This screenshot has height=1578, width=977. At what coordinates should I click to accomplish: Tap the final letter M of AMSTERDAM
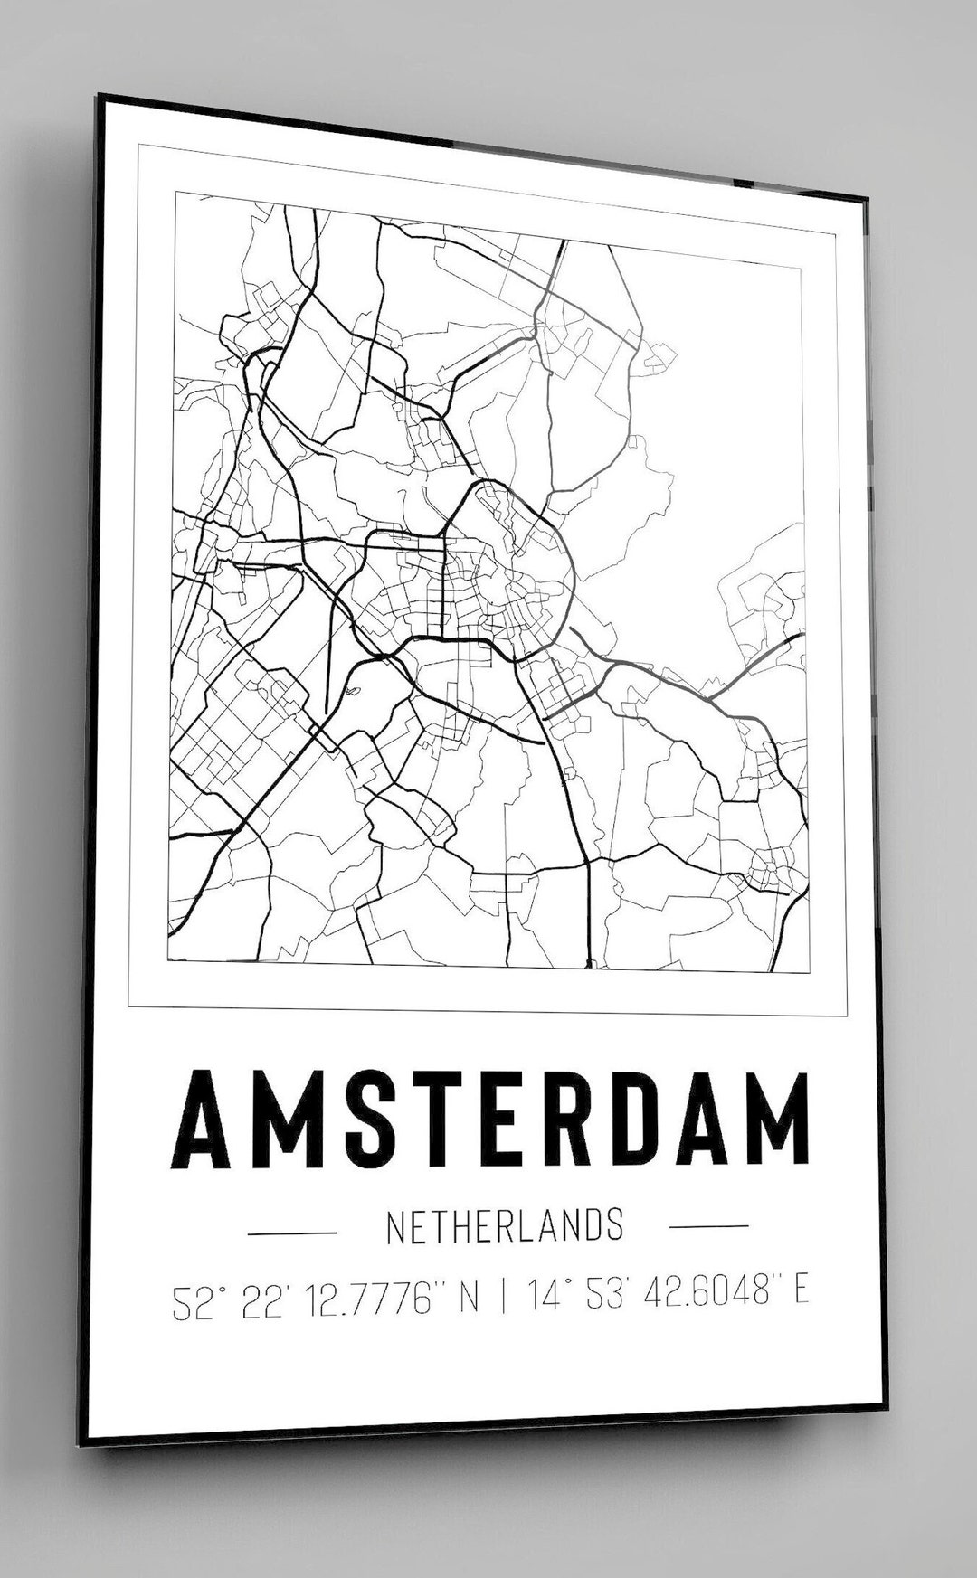pos(773,1120)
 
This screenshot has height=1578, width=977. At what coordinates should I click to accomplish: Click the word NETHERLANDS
pos(504,1226)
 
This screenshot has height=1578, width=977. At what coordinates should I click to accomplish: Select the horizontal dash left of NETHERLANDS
pos(292,1232)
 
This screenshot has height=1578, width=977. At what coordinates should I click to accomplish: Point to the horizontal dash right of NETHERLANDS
pos(708,1226)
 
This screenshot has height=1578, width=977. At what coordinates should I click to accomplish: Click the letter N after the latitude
pos(469,1300)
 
